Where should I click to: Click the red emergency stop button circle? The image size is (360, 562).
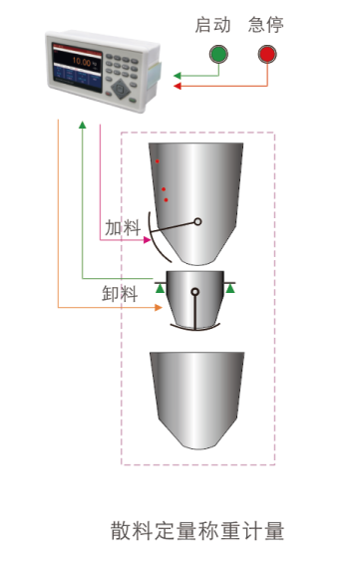267,55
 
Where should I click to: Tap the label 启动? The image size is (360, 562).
212,25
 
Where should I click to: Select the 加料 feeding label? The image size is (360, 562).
123,227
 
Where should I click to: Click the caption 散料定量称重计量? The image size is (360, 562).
197,530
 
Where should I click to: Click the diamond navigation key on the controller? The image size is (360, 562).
122,87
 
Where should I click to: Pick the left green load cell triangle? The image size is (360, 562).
161,289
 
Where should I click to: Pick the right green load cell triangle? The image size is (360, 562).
230,289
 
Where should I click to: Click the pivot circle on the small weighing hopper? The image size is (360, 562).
195,292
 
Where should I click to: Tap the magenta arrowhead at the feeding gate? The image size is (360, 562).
147,239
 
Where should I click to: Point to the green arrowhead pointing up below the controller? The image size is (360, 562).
82,124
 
